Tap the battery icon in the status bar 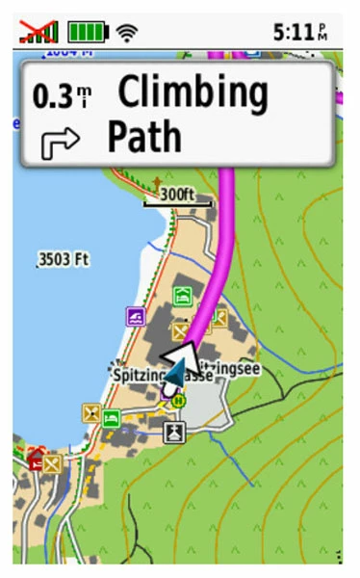click(88, 32)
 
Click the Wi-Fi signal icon click(126, 33)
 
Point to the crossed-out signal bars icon click(39, 32)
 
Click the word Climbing click(192, 93)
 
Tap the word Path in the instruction click(144, 138)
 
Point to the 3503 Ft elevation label click(64, 259)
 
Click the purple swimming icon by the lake click(136, 316)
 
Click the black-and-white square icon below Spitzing click(173, 431)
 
